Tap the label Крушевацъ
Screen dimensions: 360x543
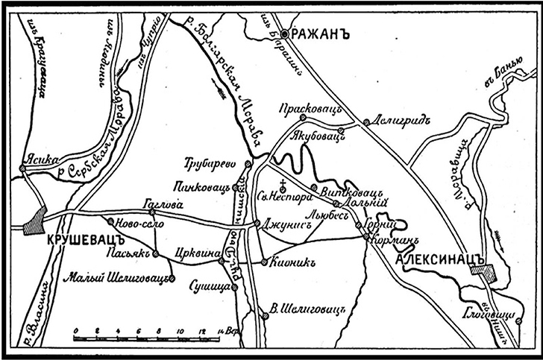pos(78,241)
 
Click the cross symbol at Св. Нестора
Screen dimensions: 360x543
pos(283,183)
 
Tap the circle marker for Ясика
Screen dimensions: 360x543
pos(23,168)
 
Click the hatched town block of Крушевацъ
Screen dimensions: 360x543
pos(33,221)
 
